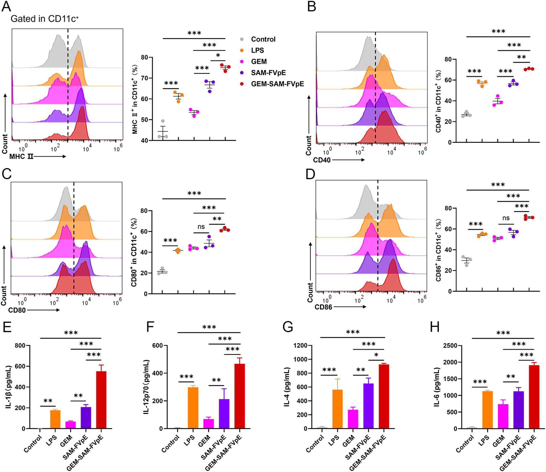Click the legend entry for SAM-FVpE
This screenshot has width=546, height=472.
click(268, 73)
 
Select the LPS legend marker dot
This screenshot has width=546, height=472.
click(242, 50)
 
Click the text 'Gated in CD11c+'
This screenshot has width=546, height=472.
click(45, 19)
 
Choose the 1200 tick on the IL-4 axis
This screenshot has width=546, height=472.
click(300, 346)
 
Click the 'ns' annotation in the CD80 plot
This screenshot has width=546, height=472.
click(201, 227)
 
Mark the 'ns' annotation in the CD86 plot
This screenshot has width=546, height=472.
click(506, 218)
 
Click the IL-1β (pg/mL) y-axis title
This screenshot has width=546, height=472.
click(8, 387)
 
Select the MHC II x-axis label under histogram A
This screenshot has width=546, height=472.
click(21, 156)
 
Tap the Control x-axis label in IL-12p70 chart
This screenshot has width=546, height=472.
click(170, 444)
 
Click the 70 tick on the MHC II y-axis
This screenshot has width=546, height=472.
click(144, 78)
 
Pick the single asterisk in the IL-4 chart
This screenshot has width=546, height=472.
click(376, 355)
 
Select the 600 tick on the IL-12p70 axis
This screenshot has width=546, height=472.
click(157, 346)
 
